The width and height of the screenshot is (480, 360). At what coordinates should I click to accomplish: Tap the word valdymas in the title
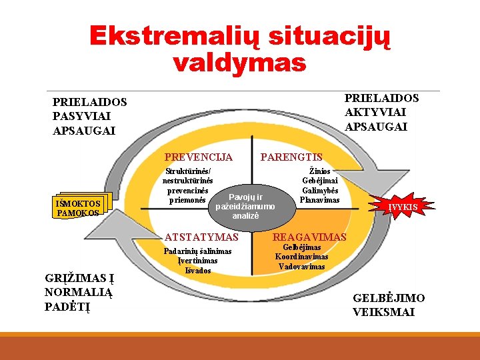(239, 63)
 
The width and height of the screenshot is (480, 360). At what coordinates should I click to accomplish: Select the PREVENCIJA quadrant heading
(199, 157)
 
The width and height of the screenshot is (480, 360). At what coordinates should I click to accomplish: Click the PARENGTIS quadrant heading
(291, 157)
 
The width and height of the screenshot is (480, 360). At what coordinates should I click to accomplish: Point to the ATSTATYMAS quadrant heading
(201, 237)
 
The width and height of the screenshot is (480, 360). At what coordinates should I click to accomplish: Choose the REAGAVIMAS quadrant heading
(309, 237)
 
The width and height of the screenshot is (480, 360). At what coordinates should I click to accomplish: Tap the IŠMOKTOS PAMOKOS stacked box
(79, 208)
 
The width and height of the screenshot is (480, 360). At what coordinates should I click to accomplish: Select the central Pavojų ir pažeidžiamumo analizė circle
(245, 207)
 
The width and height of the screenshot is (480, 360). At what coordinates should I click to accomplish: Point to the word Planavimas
(320, 200)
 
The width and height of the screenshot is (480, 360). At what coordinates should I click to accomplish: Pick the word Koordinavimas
(302, 257)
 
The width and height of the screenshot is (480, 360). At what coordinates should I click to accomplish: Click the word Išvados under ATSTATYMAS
(198, 270)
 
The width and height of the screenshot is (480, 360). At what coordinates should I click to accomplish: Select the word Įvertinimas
(198, 261)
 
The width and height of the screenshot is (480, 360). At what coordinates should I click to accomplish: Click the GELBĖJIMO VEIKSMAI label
(388, 305)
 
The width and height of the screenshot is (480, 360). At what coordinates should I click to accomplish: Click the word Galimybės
(321, 191)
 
